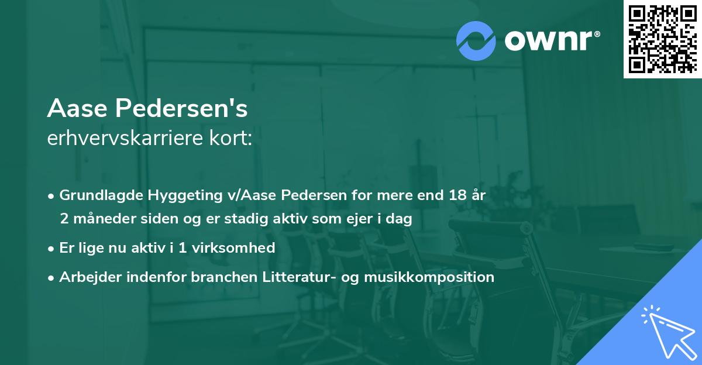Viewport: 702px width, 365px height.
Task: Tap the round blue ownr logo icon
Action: coord(477,40)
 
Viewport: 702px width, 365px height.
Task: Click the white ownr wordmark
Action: coord(551,40)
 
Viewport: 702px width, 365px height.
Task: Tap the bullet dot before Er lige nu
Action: coord(52,248)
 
